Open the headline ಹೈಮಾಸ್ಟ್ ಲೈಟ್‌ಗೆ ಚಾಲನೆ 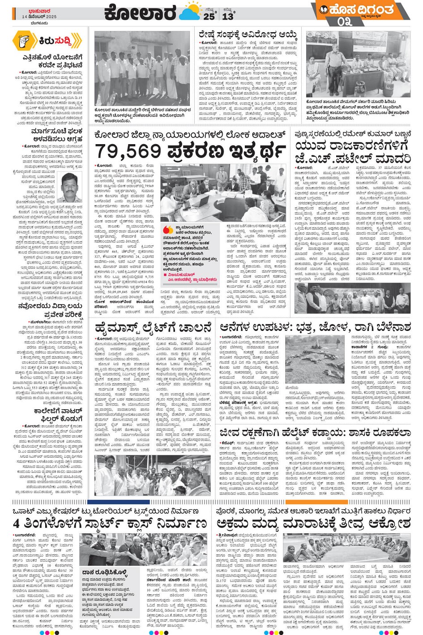[153, 328]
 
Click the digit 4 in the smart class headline [17, 523]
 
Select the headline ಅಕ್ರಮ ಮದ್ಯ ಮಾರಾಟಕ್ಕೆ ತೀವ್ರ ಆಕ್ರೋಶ [313, 523]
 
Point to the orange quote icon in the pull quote [168, 230]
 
